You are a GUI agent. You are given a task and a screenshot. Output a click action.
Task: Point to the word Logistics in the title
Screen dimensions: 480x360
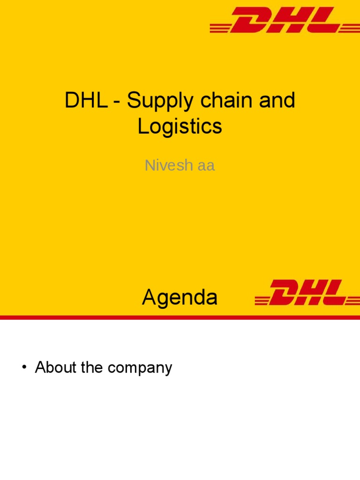(x=180, y=127)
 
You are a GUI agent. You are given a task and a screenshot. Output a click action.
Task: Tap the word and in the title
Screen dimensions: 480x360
(x=279, y=101)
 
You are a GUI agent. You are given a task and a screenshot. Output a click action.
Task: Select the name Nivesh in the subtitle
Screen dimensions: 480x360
(x=166, y=165)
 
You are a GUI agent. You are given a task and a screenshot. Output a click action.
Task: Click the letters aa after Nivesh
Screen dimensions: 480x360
(x=206, y=166)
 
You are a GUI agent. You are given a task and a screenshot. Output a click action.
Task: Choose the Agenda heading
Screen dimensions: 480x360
(x=180, y=297)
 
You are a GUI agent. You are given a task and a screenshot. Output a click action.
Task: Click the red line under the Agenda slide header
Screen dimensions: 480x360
(x=180, y=317)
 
